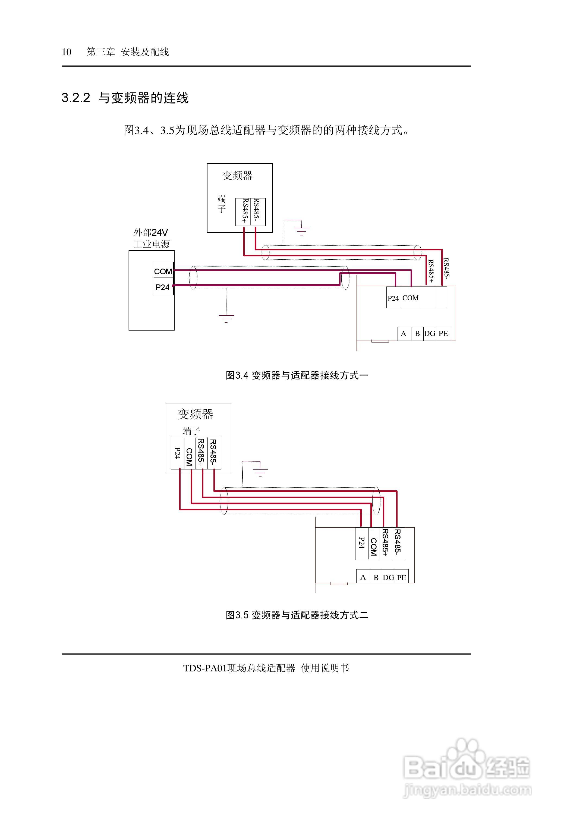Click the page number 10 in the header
click(67, 52)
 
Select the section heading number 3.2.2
click(76, 98)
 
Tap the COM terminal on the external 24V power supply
click(163, 272)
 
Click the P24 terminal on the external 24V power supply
click(163, 287)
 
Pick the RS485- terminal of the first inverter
click(257, 211)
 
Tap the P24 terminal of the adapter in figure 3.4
click(393, 298)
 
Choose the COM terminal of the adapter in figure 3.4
click(410, 298)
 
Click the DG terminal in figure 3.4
click(430, 334)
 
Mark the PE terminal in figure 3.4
click(443, 334)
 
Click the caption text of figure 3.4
click(297, 375)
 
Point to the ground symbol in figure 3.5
click(260, 472)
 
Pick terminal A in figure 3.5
click(363, 577)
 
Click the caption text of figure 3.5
click(297, 615)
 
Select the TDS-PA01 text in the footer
click(205, 668)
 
